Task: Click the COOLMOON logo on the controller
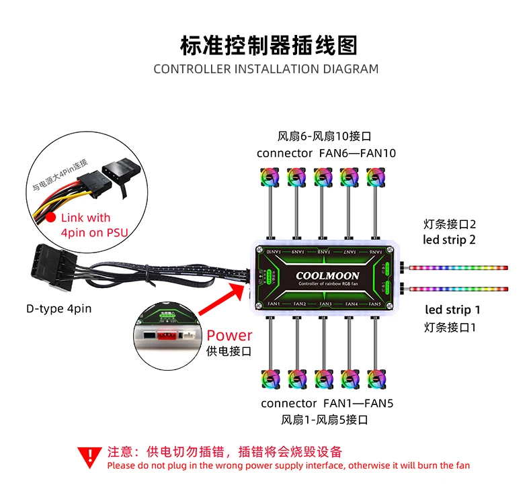coord(327,275)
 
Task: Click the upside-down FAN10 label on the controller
coord(273,251)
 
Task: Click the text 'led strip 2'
coord(450,240)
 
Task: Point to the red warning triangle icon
coord(89,457)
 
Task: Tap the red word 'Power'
coord(229,335)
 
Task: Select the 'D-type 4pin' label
coord(58,308)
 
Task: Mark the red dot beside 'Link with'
coord(50,218)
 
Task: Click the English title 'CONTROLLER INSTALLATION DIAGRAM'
coord(265,69)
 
